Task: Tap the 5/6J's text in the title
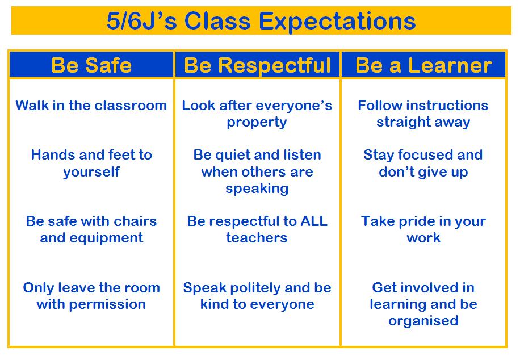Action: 141,21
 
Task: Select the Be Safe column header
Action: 91,65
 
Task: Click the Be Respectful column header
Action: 257,65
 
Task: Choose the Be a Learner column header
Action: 423,65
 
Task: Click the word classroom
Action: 130,106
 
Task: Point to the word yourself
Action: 91,172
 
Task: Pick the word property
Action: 257,123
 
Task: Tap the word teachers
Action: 257,238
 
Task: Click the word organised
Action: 423,321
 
